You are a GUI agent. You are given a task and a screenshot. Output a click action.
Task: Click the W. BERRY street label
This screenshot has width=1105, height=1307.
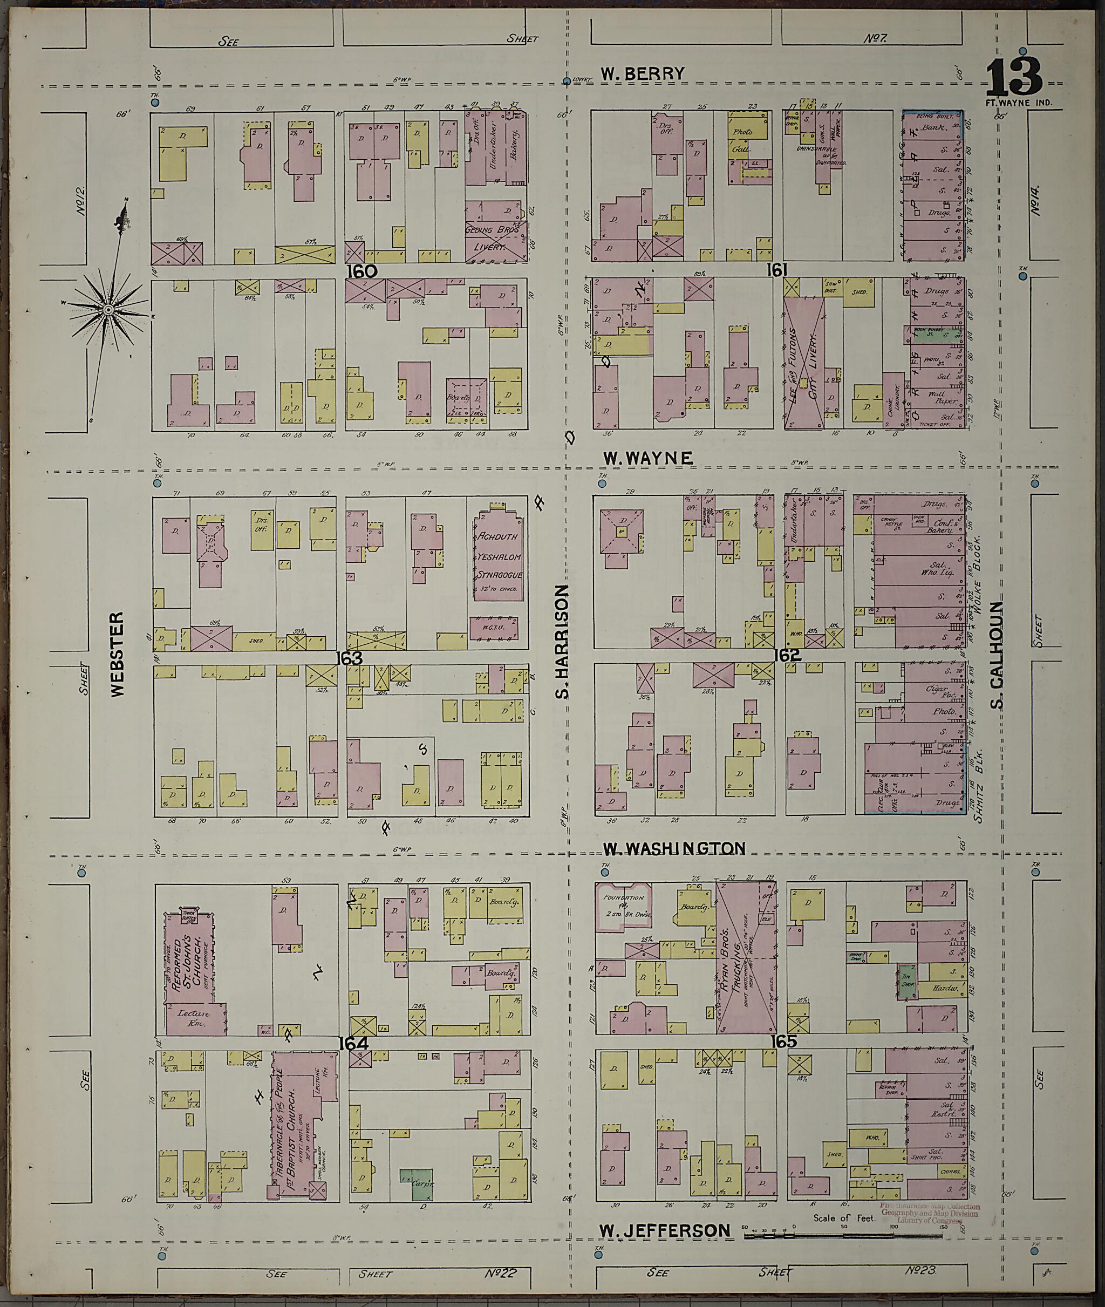(x=642, y=74)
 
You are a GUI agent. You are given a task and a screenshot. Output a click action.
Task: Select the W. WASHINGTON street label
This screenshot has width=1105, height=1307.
(x=674, y=848)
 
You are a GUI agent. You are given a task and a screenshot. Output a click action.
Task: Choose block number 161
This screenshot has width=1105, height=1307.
(x=775, y=270)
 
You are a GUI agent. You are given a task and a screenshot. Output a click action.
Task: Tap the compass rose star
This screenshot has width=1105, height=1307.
(x=108, y=309)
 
